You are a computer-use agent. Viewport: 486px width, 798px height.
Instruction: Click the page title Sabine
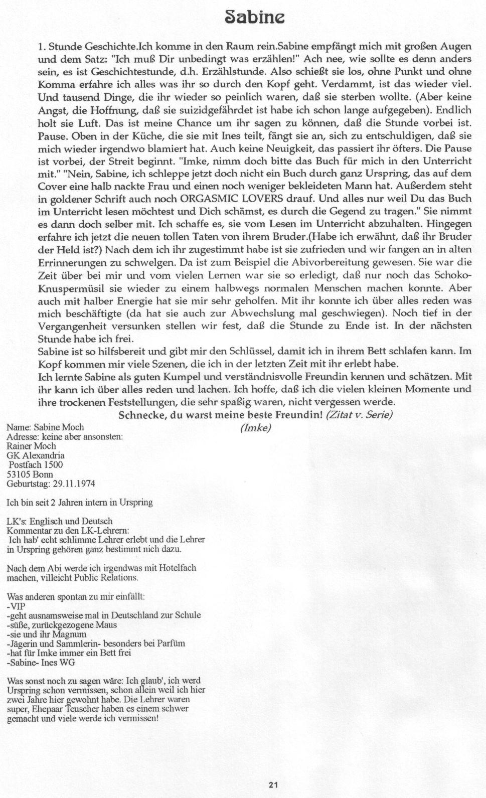click(255, 19)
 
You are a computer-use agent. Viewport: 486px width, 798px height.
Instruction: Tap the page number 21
click(273, 785)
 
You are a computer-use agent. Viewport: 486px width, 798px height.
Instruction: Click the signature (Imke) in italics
click(255, 428)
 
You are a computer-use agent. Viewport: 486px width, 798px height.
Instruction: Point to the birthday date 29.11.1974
click(73, 484)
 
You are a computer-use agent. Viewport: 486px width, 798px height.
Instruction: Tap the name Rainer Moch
click(31, 446)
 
